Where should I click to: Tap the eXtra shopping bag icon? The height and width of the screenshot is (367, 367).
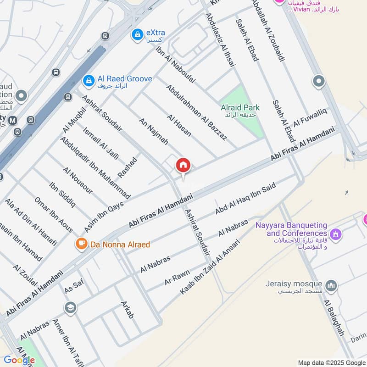pos(137,34)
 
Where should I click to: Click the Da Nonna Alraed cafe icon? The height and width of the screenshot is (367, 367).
pos(81,244)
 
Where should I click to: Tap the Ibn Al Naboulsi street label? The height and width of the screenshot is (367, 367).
pos(176,64)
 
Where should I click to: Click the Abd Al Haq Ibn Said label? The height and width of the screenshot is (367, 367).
pos(245,199)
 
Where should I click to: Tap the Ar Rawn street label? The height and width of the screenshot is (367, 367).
pos(177,277)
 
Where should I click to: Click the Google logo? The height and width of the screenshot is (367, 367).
pos(19,360)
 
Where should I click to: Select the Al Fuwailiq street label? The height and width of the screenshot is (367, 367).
pos(310,116)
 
